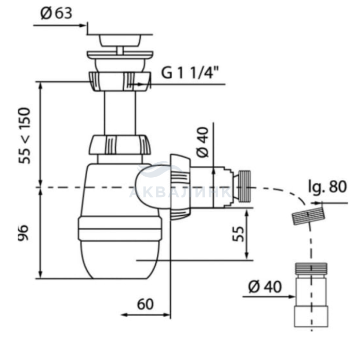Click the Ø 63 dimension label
click(56, 13)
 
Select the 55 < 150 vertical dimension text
click(25, 135)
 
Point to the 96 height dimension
click(23, 233)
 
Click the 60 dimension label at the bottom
click(145, 304)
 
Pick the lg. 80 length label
click(327, 186)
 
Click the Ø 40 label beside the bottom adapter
click(265, 287)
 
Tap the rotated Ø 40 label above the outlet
click(203, 142)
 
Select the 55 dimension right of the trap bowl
click(238, 234)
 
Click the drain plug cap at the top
click(120, 40)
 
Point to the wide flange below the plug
click(120, 55)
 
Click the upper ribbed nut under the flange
click(120, 81)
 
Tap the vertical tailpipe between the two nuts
click(120, 113)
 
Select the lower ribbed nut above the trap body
click(120, 145)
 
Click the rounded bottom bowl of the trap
click(120, 260)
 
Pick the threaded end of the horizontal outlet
click(244, 186)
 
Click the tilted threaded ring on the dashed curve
click(307, 216)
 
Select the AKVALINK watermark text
click(180, 192)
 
